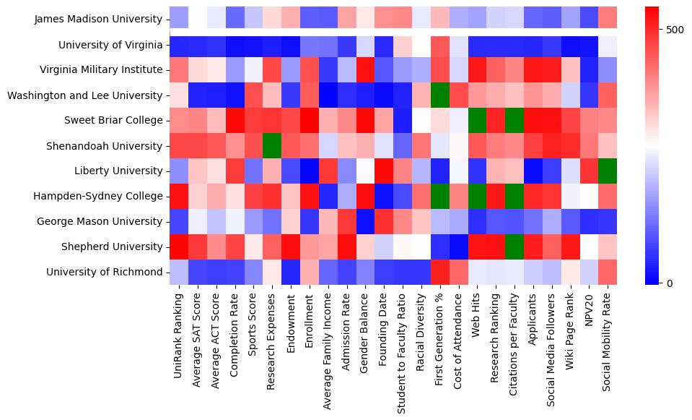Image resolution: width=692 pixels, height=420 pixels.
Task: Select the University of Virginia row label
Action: coord(110,45)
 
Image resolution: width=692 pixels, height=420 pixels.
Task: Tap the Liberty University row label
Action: coord(121,171)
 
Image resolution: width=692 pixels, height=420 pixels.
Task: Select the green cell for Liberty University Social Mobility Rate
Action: coord(608,171)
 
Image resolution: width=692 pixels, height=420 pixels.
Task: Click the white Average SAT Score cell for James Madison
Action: coord(198,20)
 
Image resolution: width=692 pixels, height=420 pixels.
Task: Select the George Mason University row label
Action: coord(105,222)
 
